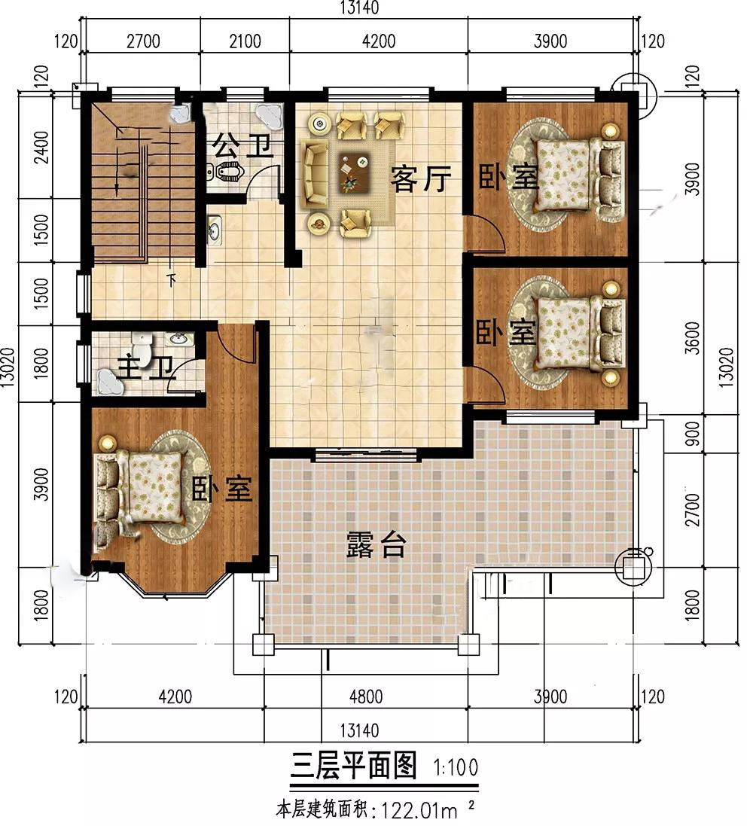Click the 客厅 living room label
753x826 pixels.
pyautogui.click(x=420, y=178)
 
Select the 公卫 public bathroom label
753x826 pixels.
pyautogui.click(x=242, y=146)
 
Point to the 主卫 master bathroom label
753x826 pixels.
pyautogui.click(x=145, y=367)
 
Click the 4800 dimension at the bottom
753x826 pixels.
pyautogui.click(x=366, y=697)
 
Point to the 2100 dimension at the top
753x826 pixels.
pyautogui.click(x=245, y=41)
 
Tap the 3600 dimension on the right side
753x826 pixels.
pyautogui.click(x=694, y=338)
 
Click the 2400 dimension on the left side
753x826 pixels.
pyautogui.click(x=41, y=148)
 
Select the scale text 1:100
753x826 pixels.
pyautogui.click(x=456, y=767)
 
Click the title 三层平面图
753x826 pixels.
pyautogui.click(x=354, y=766)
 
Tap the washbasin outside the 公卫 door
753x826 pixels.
pyautogui.click(x=215, y=230)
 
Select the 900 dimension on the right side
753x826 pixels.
pyautogui.click(x=694, y=433)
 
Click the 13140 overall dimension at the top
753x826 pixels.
pyautogui.click(x=359, y=8)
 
